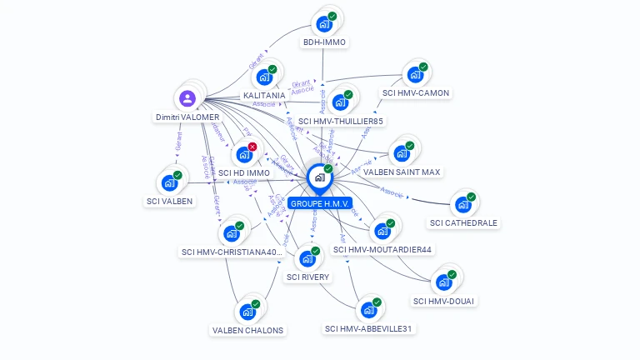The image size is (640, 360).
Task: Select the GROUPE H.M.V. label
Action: pos(320,203)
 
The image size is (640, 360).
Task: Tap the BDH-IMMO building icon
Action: pos(324,25)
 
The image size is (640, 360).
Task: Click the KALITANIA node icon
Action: pos(264,77)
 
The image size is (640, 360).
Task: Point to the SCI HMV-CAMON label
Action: pos(416,92)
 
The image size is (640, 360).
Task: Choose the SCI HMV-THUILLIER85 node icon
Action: pos(340,103)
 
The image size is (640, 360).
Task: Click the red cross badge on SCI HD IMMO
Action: pos(252,147)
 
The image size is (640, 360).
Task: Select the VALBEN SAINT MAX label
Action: pos(402,172)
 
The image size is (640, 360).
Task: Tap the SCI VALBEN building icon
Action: pos(169,183)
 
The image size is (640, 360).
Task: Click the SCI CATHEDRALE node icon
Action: pos(463,205)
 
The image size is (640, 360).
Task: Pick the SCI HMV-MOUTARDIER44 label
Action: pos(382,249)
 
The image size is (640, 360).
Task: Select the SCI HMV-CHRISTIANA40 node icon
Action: pos(232,233)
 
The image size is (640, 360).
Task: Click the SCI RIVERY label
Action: pos(307,277)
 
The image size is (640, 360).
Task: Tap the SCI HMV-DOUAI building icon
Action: pos(444,282)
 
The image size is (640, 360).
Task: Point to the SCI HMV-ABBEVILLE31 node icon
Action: pos(369,311)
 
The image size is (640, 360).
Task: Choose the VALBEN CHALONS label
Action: pos(247,330)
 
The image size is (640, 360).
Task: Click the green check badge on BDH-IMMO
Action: pos(332,17)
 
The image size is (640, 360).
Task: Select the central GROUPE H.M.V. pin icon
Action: pos(319,177)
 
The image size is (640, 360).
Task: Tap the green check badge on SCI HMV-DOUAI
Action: pos(452,274)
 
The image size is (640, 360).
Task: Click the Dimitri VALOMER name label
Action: pos(187,117)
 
